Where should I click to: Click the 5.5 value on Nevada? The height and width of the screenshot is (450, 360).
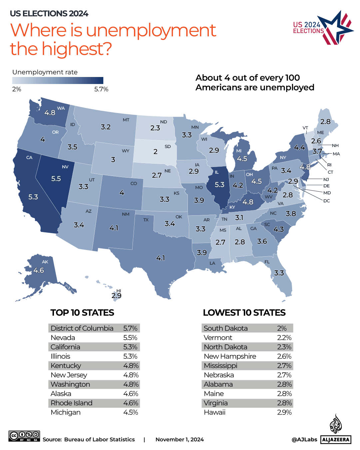[56, 179]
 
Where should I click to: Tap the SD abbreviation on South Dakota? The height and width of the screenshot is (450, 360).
[168, 146]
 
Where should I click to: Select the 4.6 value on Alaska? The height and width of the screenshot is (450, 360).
[39, 270]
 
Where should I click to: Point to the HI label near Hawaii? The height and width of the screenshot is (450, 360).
[119, 291]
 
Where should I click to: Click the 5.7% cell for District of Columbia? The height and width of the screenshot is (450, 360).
[130, 328]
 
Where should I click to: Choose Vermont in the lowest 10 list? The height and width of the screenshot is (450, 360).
[218, 338]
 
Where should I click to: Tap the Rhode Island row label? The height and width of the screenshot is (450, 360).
[71, 403]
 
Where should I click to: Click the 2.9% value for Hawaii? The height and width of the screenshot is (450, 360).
[284, 412]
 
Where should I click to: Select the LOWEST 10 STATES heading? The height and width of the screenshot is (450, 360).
[244, 313]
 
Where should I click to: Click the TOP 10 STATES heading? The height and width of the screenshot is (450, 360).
[82, 313]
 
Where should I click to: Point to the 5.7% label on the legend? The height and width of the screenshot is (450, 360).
[101, 89]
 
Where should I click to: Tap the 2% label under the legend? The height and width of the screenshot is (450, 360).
[17, 89]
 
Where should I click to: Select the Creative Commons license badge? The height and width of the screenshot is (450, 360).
[24, 436]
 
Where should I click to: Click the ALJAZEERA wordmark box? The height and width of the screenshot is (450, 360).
[336, 440]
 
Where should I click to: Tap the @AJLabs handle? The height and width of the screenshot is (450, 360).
[304, 440]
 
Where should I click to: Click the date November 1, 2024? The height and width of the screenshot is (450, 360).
[180, 440]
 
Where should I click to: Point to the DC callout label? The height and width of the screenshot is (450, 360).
[326, 201]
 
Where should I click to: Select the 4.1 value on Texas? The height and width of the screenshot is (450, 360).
[161, 258]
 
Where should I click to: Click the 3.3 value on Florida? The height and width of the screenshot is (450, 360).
[279, 273]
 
